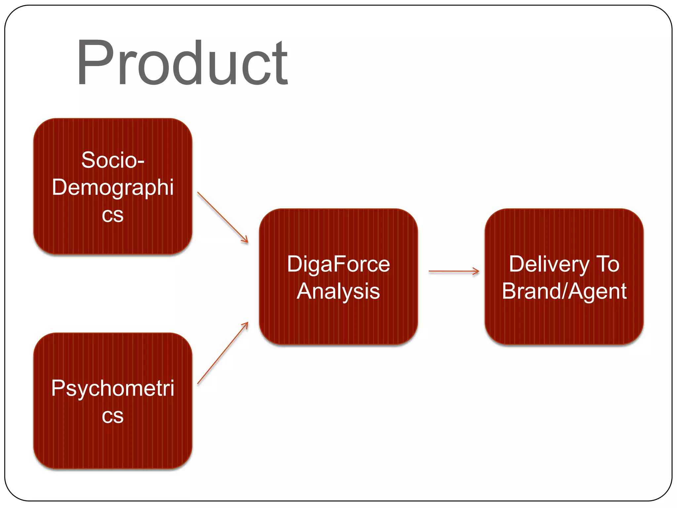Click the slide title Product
(182, 63)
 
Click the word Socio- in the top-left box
(113, 160)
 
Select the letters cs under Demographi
(113, 215)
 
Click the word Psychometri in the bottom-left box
(113, 388)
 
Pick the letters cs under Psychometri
(113, 416)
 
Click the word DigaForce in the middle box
(338, 264)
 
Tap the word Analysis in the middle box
(338, 291)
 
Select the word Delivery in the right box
(549, 264)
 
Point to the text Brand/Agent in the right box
(564, 291)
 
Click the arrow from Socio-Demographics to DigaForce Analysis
(222, 217)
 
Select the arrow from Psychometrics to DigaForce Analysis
(222, 353)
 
